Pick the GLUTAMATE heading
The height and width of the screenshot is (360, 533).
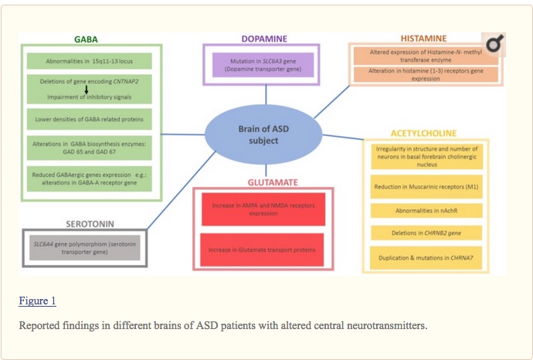point(263,182)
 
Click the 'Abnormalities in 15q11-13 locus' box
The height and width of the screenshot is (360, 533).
point(89,60)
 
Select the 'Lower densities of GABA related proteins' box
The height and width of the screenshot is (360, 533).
point(89,119)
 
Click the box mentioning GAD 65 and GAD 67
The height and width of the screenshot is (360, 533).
point(89,148)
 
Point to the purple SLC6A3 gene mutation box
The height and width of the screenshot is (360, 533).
point(265,64)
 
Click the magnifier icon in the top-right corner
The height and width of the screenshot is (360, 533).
point(492,46)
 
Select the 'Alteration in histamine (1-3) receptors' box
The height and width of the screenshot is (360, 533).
point(425,75)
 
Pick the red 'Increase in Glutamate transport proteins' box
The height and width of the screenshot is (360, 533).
point(263,249)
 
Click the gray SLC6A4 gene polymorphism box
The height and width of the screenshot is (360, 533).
point(82,247)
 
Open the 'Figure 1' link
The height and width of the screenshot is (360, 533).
point(37,301)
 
